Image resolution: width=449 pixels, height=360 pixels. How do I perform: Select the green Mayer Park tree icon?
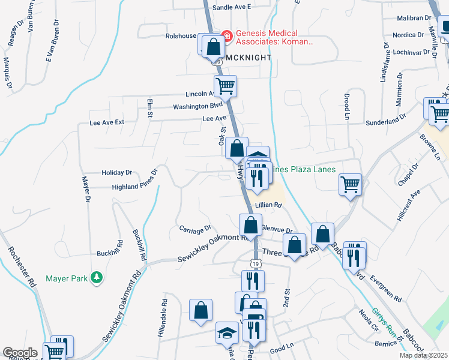(96, 277)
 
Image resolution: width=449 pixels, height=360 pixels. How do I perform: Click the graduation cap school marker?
(227, 332)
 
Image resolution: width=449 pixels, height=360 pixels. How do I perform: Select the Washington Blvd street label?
(193, 107)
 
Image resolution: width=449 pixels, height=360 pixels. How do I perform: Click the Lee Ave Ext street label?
(106, 122)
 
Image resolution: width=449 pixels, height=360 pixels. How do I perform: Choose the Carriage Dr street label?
(195, 228)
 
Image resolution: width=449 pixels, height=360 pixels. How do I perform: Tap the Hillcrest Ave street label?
(408, 207)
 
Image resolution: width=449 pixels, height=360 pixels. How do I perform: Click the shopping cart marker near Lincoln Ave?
(225, 85)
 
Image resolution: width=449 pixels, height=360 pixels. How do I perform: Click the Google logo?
(20, 353)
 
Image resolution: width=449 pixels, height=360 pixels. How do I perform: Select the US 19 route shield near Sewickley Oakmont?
(255, 262)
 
